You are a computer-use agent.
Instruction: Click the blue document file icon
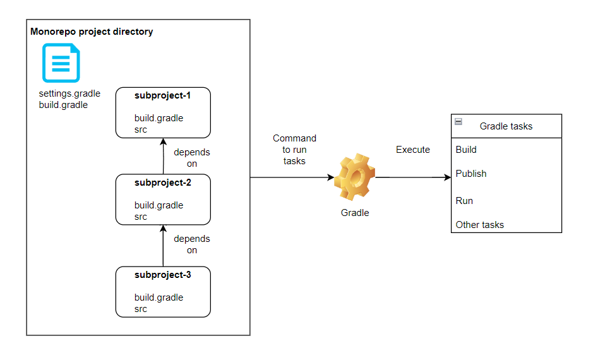pos(61,63)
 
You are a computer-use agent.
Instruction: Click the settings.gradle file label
pos(69,93)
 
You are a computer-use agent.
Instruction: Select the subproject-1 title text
pos(162,95)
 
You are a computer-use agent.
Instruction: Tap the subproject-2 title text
pos(162,183)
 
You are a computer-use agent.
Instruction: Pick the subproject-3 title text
pos(162,275)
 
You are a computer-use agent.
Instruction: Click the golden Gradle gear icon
pos(355,177)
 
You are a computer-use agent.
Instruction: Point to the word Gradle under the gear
pos(355,213)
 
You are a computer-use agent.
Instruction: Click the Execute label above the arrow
pos(413,150)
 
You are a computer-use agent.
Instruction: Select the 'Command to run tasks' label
pos(294,150)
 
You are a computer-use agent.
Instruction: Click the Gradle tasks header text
pos(506,126)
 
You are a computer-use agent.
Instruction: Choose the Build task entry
pos(466,150)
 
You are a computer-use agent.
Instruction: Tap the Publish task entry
pos(471,174)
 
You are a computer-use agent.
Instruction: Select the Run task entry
pos(464,201)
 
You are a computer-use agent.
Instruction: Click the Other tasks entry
pos(480,225)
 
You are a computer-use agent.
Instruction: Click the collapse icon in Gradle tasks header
pos(458,122)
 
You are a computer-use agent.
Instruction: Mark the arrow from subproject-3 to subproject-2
pos(163,246)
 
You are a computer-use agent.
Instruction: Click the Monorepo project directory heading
pos(92,32)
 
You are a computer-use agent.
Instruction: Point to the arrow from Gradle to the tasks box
pos(414,177)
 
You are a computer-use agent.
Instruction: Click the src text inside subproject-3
pos(141,309)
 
